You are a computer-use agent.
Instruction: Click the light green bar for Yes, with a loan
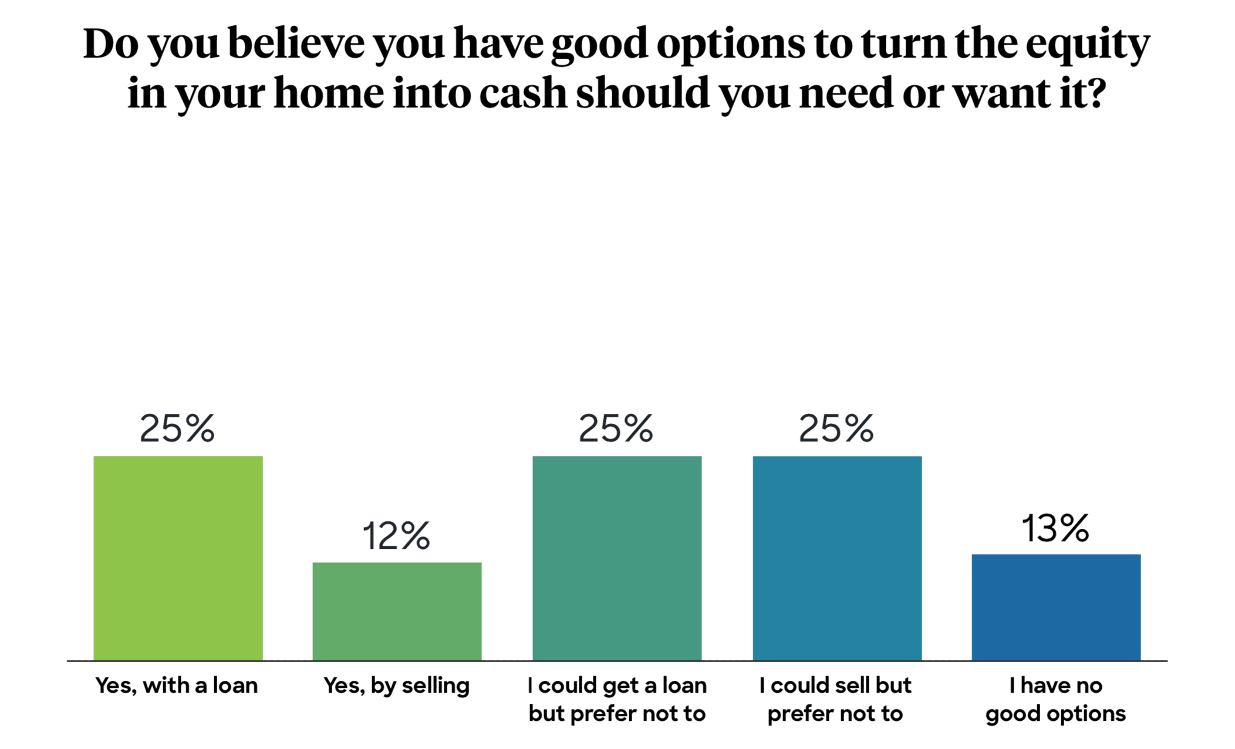click(x=178, y=558)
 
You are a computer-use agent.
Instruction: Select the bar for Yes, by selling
click(x=397, y=611)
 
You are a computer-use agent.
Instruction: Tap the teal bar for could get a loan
click(x=617, y=558)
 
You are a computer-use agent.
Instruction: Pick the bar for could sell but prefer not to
click(x=837, y=558)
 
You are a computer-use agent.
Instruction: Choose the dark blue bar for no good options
click(x=1056, y=607)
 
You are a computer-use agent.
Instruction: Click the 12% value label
click(x=396, y=535)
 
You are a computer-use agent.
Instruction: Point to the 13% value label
click(x=1055, y=528)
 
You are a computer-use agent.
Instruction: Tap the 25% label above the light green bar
click(x=177, y=428)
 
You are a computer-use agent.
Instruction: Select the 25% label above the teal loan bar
click(x=616, y=428)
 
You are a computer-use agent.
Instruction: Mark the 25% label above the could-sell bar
click(x=836, y=428)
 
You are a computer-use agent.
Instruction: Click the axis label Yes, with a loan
click(x=177, y=685)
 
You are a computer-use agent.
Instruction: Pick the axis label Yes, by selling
click(x=397, y=686)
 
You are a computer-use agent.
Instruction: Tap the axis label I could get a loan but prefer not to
click(x=617, y=699)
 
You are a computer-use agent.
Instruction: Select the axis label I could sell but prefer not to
click(x=835, y=699)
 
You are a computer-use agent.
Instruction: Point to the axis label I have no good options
click(x=1055, y=699)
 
